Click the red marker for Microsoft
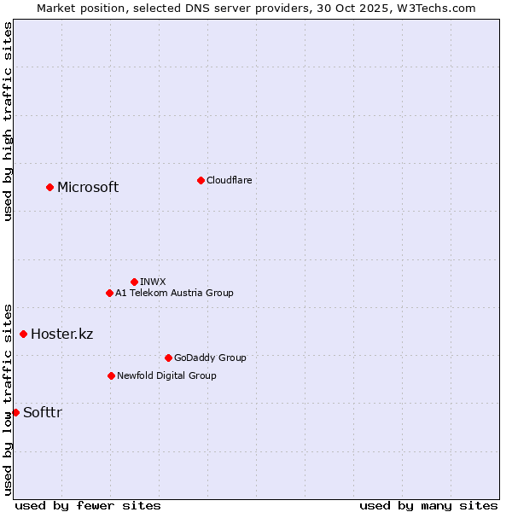[x=49, y=187]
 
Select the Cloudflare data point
[x=201, y=180]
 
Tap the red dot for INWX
[x=134, y=282]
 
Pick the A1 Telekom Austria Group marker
[x=109, y=293]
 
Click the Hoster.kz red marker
[x=23, y=334]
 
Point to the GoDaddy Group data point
[x=168, y=358]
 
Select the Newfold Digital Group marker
[x=111, y=375]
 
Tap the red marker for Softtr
[x=15, y=412]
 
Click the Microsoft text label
[x=88, y=188]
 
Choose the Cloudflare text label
[x=230, y=180]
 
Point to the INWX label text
[x=153, y=282]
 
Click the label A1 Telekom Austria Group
[x=174, y=293]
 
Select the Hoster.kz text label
[x=61, y=334]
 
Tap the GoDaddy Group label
[x=210, y=358]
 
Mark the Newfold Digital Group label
[x=166, y=375]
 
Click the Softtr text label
[x=43, y=413]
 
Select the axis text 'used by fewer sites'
[x=88, y=505]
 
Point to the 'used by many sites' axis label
[x=428, y=505]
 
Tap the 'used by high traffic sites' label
[x=9, y=121]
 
